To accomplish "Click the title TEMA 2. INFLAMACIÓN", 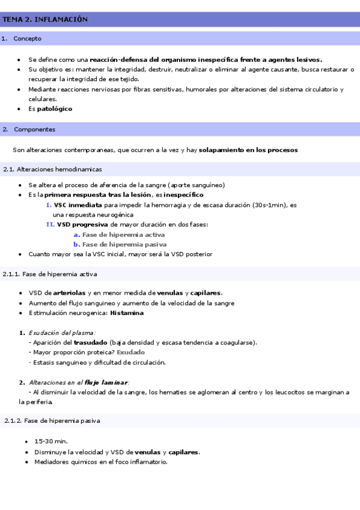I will (44, 19).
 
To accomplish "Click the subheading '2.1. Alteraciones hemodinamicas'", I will (53, 170).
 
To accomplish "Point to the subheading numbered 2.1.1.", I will (50, 274).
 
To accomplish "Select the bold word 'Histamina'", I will (126, 313).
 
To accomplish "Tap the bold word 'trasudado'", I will (91, 342).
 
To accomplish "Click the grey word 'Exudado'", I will (130, 352).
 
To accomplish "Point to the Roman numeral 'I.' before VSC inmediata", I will (49, 205).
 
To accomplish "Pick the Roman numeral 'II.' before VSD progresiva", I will (50, 224).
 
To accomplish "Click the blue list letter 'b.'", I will (77, 244).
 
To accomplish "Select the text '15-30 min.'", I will (50, 441).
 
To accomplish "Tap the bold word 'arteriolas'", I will (69, 293).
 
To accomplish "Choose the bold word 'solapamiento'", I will (222, 149).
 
